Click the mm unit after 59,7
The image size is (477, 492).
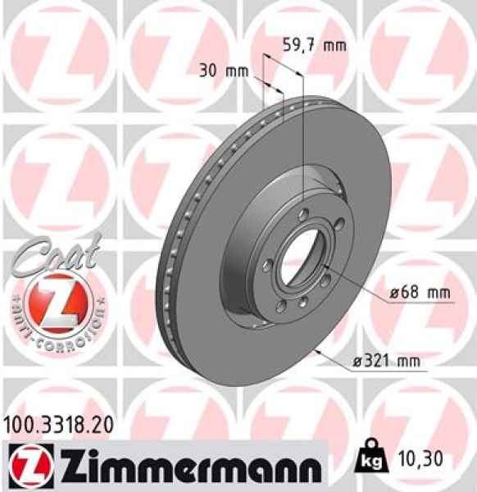click(334, 46)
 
